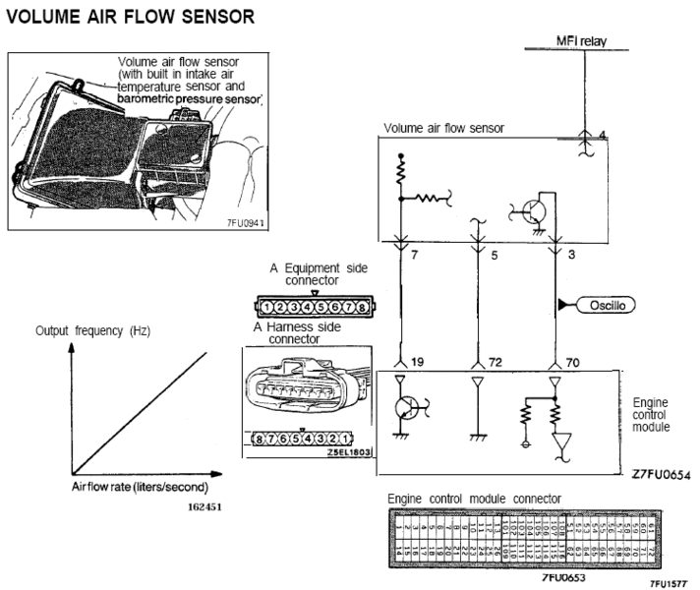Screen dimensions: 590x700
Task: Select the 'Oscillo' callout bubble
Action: click(x=606, y=305)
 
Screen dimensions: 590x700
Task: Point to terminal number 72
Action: click(x=494, y=363)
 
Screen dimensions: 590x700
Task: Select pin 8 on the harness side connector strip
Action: click(x=260, y=437)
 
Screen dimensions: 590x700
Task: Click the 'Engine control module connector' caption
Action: click(x=475, y=499)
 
